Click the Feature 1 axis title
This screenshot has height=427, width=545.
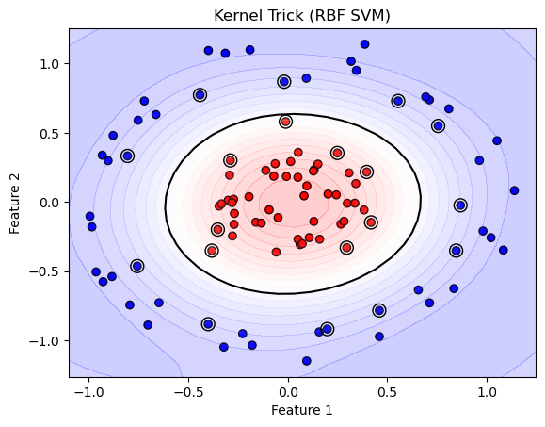point(302,411)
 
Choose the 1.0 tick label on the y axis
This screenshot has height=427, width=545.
point(50,63)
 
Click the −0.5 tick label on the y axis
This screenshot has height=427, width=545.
point(46,271)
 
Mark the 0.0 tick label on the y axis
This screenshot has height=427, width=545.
point(50,202)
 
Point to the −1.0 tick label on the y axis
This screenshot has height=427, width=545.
point(46,340)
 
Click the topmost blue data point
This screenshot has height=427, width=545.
point(364,44)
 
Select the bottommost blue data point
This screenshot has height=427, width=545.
point(306,361)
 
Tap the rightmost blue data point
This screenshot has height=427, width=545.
point(514,190)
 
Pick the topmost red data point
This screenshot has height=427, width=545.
point(285,122)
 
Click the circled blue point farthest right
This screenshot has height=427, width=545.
point(460,205)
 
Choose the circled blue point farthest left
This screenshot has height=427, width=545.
point(127,156)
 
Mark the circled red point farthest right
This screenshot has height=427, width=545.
point(371,222)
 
